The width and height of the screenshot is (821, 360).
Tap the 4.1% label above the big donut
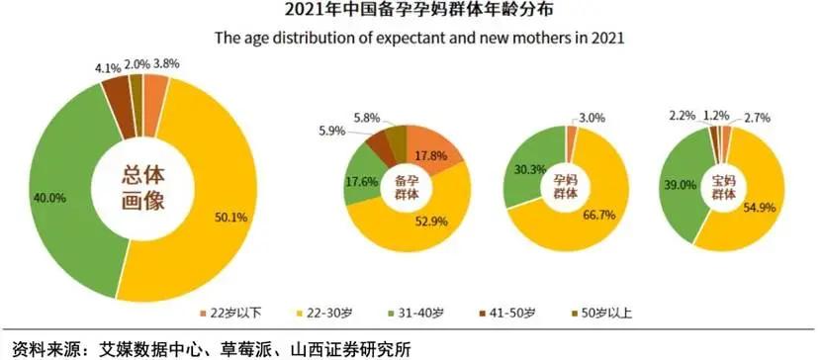109,68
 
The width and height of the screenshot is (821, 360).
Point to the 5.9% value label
332,130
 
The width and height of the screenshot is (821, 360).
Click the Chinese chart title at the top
410,13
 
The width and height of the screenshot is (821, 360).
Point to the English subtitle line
410,39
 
